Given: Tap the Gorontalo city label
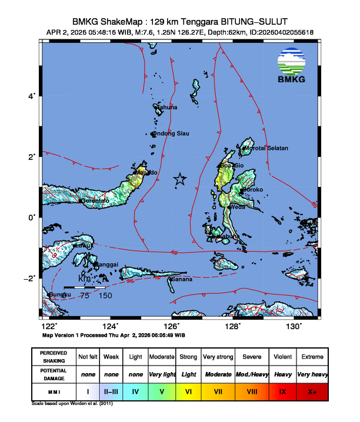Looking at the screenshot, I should tap(95, 201).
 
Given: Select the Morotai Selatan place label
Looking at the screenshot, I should tap(266, 148).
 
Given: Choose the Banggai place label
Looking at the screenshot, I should tap(106, 264).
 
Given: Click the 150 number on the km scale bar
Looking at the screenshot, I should tap(105, 296).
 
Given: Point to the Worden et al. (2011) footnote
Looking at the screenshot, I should tap(72, 404).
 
